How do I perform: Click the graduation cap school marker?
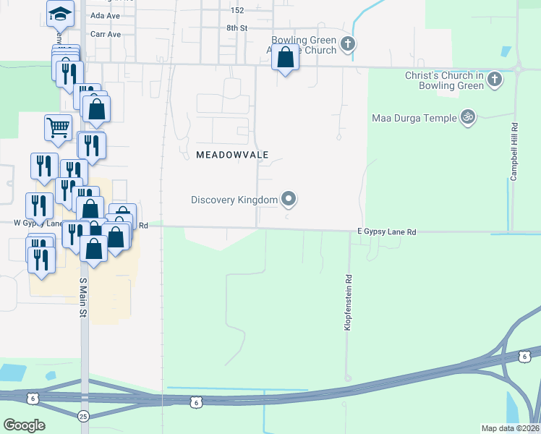(x=61, y=13)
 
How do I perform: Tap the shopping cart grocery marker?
(x=58, y=127)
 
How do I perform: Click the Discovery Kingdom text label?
(x=234, y=200)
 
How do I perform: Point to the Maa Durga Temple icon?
(x=467, y=117)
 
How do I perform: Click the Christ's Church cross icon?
(x=495, y=79)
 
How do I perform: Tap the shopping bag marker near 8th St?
(x=286, y=56)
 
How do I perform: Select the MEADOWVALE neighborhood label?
(x=232, y=155)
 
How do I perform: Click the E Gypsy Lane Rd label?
(x=387, y=231)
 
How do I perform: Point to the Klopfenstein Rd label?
(x=348, y=303)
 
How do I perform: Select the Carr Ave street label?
(x=106, y=33)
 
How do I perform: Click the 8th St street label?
(x=237, y=27)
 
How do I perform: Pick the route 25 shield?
(x=83, y=417)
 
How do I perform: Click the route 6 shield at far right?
(x=524, y=356)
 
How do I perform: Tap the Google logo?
(x=24, y=425)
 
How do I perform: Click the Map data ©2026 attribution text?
(x=510, y=428)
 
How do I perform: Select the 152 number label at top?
(x=237, y=10)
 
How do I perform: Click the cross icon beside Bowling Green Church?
(x=348, y=44)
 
